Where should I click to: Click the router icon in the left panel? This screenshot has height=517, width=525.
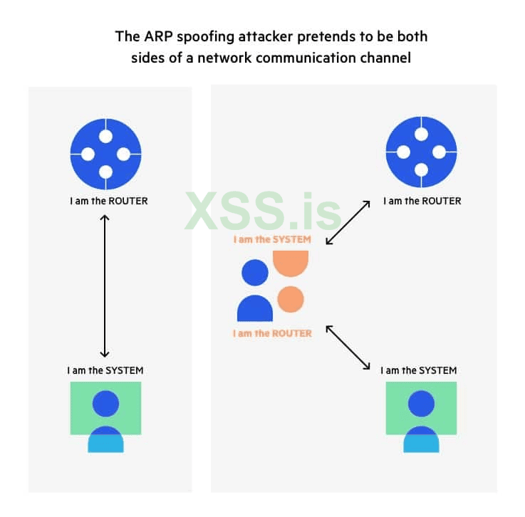[106, 154]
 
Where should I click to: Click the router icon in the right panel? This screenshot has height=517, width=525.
[421, 152]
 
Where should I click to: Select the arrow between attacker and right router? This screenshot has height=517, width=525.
[348, 222]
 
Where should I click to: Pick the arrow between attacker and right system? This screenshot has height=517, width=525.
[348, 348]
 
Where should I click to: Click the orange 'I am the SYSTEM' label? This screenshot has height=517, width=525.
[272, 239]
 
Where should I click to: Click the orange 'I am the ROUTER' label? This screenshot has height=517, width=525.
[272, 333]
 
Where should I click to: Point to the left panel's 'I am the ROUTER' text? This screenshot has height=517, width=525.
[109, 201]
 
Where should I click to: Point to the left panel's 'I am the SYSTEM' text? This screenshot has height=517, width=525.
[105, 370]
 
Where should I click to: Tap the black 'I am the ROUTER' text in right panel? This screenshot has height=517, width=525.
[422, 201]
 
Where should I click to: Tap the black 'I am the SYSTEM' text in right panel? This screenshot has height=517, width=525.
[419, 370]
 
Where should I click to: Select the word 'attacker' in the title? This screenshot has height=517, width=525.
[266, 36]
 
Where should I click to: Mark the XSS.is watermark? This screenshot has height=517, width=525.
[263, 211]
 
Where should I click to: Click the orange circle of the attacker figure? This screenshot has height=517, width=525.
[291, 299]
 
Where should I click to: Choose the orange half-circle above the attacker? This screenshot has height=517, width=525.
[291, 263]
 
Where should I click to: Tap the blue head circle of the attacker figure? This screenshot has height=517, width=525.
[255, 273]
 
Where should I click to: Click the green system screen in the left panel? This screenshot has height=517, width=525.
[106, 408]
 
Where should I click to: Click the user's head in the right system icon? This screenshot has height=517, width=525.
[421, 404]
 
